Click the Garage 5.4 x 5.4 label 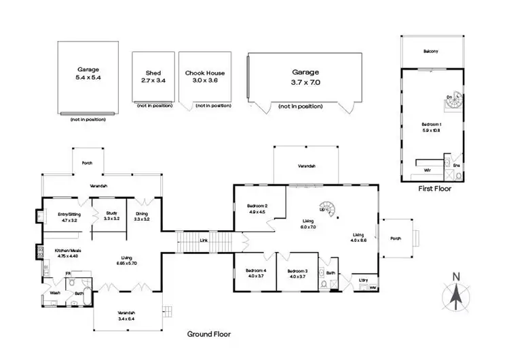coord(88,73)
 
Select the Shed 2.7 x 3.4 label coord(153,77)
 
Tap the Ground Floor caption coord(209,334)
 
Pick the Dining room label coord(141,216)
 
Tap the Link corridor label coord(203,240)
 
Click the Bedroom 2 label coord(257,209)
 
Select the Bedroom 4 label coord(256,274)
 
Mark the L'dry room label coord(363,279)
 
